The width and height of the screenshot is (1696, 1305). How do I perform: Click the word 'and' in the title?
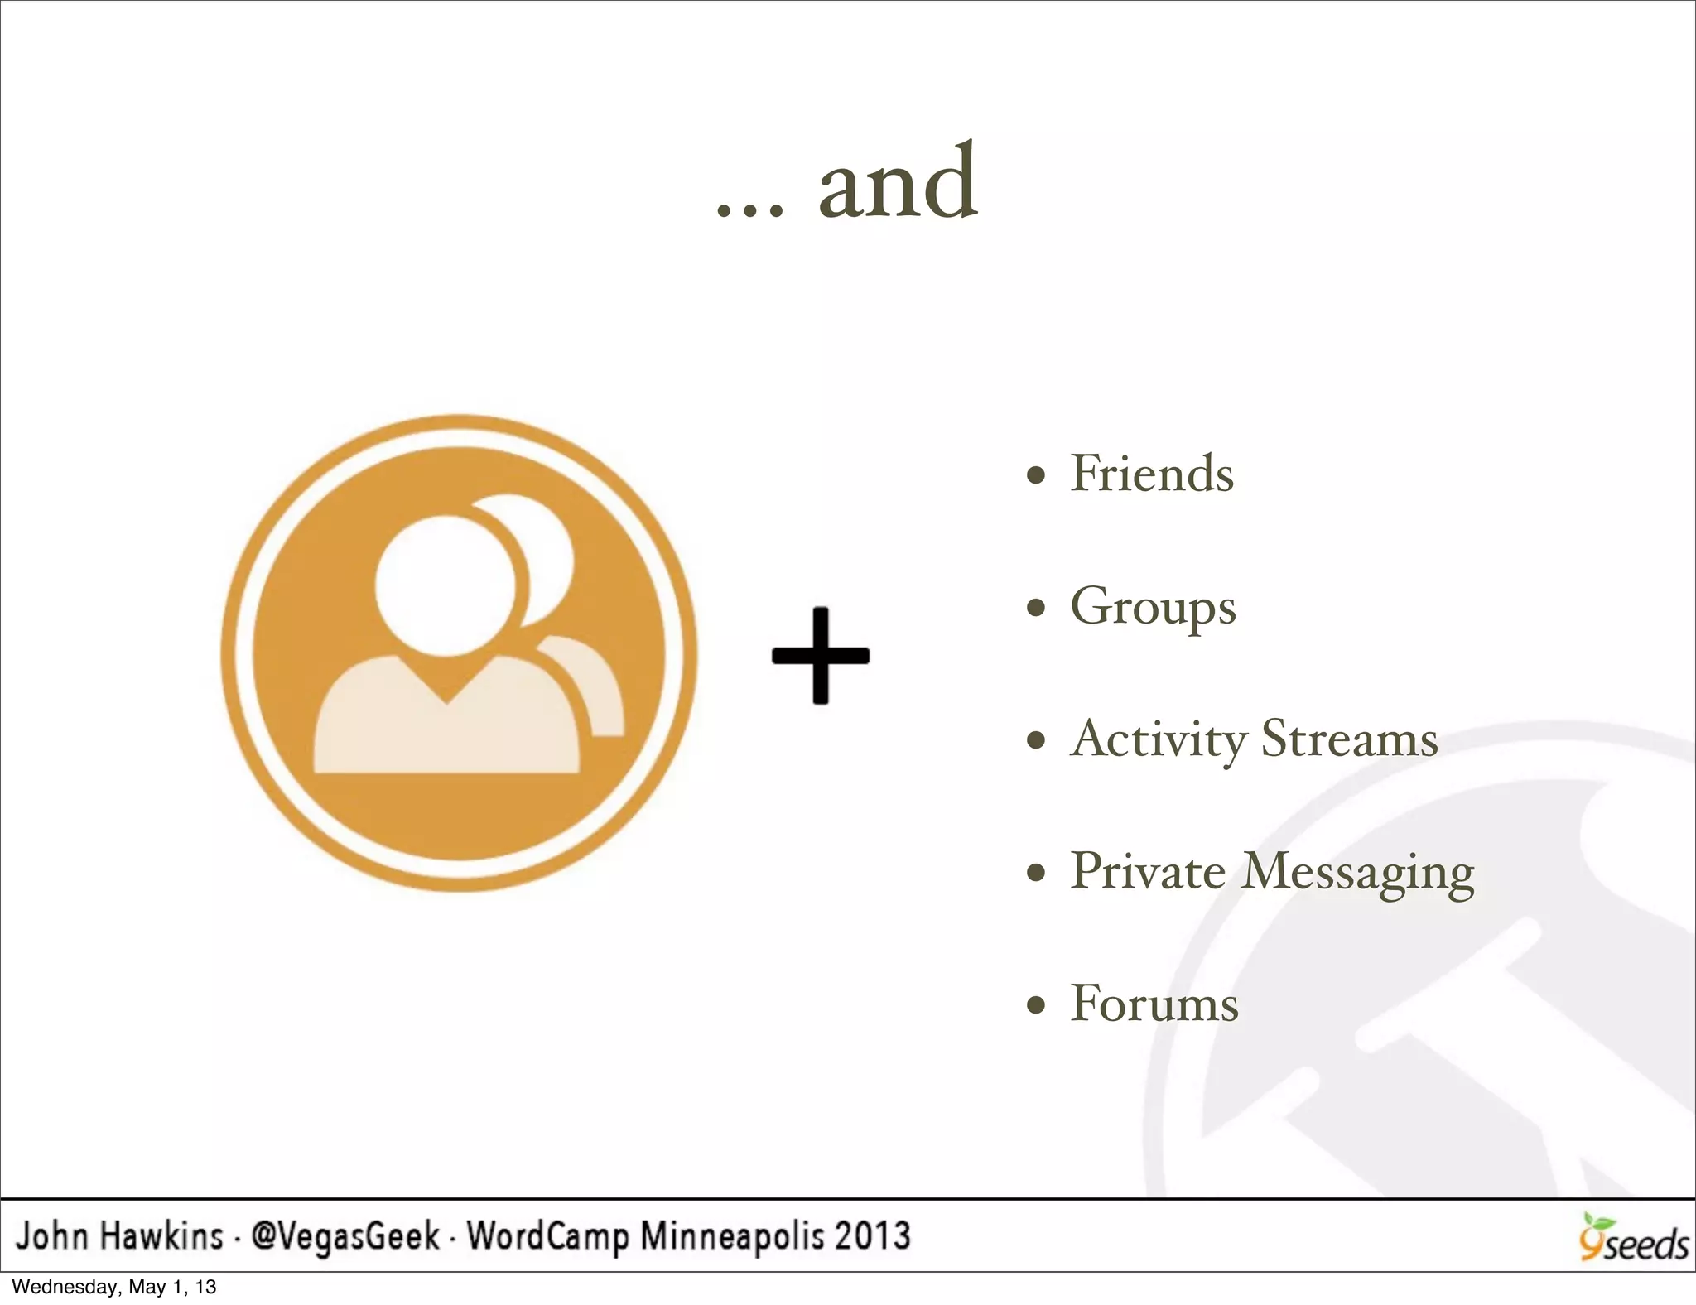[x=898, y=184]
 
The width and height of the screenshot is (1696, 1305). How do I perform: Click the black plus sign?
[x=820, y=656]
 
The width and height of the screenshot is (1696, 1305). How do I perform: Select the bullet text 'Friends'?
[x=1152, y=474]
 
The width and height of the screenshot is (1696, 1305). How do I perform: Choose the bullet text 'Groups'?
[x=1153, y=607]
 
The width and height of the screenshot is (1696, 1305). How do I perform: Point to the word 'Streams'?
[x=1349, y=739]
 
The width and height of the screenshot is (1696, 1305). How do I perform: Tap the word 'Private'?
[x=1148, y=871]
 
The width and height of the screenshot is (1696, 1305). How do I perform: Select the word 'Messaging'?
[x=1358, y=873]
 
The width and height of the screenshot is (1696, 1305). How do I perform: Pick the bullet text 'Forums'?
[x=1154, y=1004]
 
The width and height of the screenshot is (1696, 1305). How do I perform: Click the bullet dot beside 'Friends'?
[x=1035, y=476]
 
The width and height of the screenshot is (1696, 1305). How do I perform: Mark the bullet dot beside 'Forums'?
[x=1035, y=1005]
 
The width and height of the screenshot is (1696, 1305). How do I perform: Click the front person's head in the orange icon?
[x=445, y=584]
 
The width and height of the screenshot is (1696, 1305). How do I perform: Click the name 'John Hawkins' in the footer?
[x=120, y=1236]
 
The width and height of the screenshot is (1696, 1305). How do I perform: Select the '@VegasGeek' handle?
[x=345, y=1236]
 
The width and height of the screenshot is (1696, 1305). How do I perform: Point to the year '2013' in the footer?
[x=872, y=1236]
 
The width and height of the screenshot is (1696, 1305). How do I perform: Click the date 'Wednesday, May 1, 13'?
[x=114, y=1287]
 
